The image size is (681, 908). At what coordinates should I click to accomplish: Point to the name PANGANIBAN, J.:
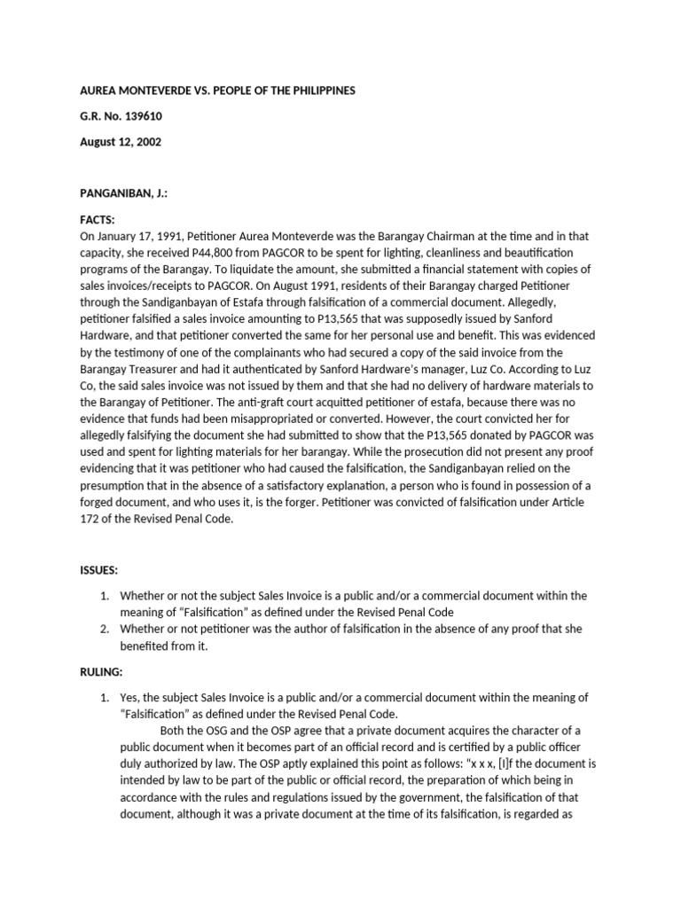point(125,193)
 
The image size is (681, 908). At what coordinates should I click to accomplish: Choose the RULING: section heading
point(103,672)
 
